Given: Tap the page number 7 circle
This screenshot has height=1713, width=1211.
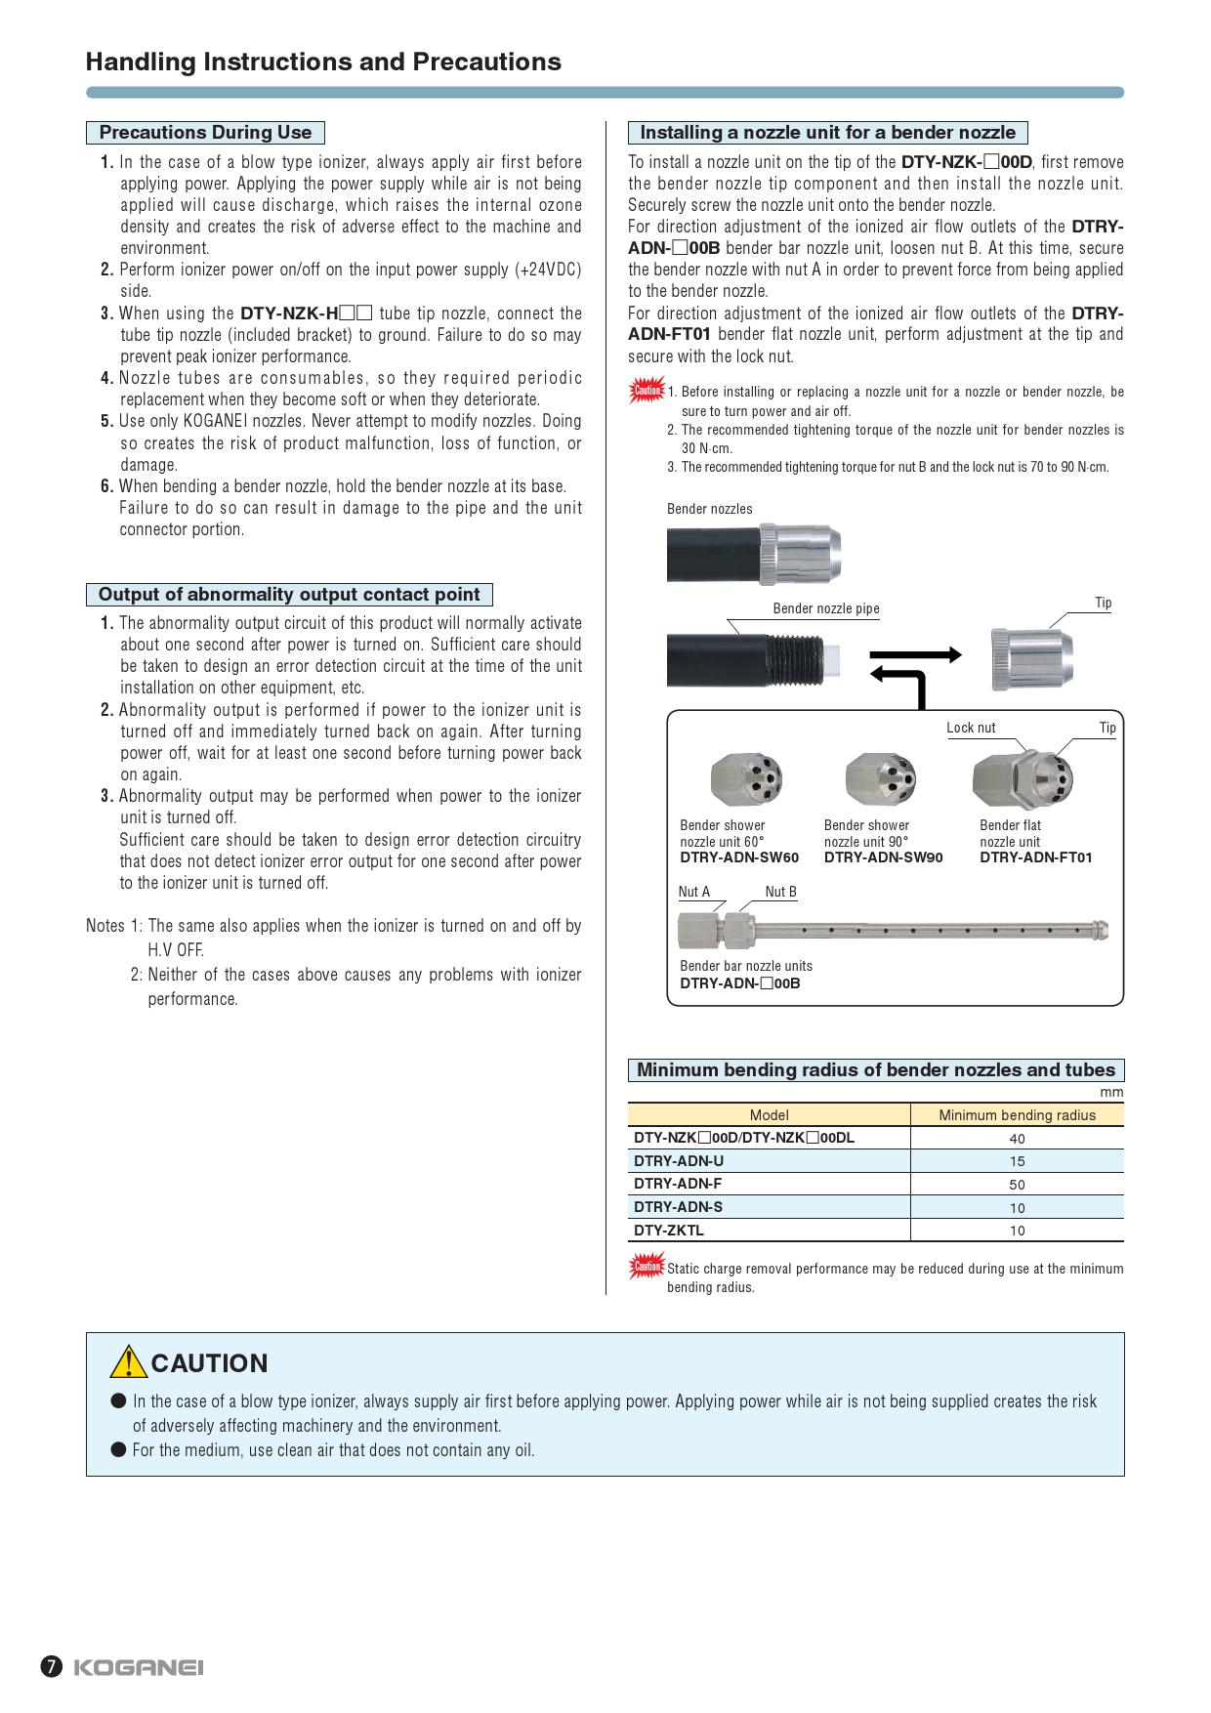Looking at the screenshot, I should click(52, 1667).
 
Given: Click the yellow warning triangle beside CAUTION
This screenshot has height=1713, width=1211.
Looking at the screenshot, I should click(128, 1361).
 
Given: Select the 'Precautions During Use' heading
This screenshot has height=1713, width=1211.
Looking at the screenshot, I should click(205, 133).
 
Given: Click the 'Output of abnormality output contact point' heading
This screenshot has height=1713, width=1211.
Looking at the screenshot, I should click(289, 595).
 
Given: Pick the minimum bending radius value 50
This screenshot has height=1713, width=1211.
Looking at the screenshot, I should click(1017, 1185).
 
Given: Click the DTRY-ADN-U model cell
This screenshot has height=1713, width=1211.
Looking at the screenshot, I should click(679, 1161).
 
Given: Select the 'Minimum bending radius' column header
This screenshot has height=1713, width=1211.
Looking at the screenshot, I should click(1017, 1115).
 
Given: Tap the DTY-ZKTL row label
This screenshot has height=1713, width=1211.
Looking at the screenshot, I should click(669, 1231).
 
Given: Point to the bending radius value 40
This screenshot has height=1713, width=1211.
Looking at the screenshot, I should click(1017, 1139).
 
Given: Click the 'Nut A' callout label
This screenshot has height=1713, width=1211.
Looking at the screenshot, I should click(694, 892).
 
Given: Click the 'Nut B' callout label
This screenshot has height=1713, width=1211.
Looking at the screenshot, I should click(780, 892).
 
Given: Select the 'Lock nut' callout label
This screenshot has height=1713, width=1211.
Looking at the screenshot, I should click(971, 728).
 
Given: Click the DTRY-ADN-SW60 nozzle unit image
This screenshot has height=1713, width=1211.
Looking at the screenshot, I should click(746, 778).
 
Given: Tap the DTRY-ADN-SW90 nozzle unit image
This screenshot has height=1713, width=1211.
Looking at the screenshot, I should click(881, 778).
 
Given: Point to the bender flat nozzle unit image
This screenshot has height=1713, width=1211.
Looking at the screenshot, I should click(1022, 778).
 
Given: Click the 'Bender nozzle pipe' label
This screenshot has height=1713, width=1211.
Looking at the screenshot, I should click(826, 608).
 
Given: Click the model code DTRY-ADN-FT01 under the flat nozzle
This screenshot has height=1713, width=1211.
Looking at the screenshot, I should click(1036, 857).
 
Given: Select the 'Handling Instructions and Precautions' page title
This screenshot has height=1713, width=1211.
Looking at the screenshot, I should click(323, 63).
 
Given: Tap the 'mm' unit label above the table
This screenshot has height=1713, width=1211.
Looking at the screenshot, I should click(1111, 1093).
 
